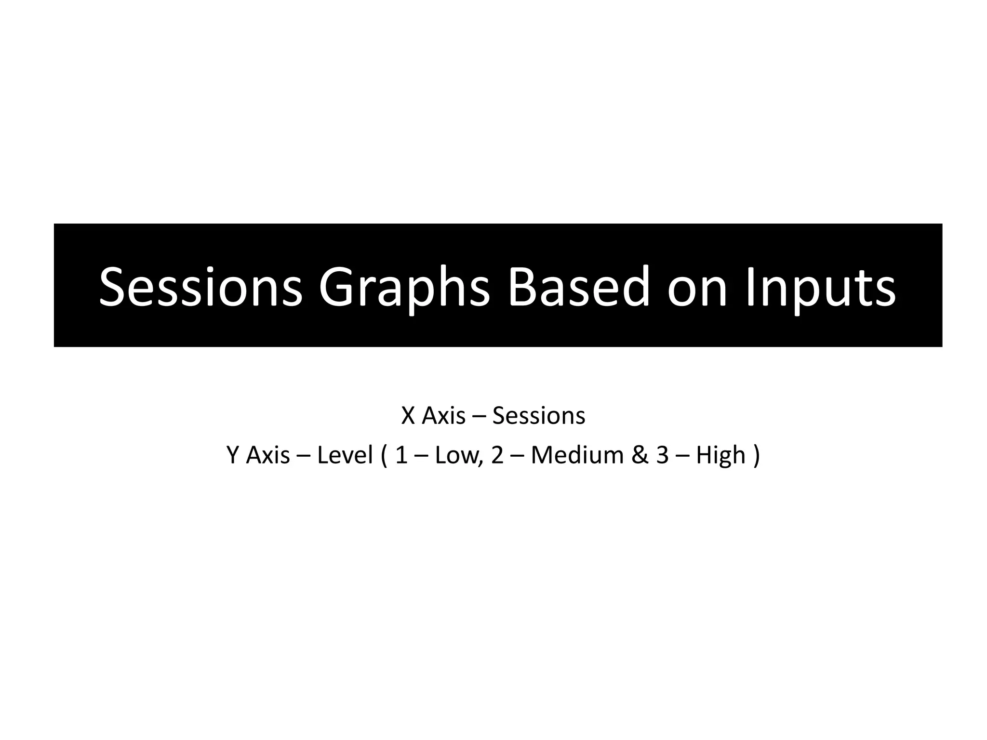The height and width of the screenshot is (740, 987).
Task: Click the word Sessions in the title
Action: coord(200,288)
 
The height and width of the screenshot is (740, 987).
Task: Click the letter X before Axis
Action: coord(408,416)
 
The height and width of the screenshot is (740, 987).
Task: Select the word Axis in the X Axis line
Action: coord(443,416)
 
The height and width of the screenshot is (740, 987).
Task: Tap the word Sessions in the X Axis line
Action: coord(538,416)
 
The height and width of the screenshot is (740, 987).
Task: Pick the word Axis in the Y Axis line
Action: coord(268,455)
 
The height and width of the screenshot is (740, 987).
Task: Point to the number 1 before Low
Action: coord(401,455)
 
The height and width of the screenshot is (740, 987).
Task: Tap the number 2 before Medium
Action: coord(497,455)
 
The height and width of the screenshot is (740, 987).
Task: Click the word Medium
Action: coord(577,455)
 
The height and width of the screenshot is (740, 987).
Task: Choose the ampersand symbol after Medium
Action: coord(640,455)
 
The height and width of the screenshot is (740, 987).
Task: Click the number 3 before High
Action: coord(662,455)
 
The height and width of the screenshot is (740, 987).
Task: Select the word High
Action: coord(720,455)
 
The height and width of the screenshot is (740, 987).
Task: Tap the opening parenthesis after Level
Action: coord(384,455)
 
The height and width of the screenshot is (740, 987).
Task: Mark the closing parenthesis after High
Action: coord(756,455)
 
